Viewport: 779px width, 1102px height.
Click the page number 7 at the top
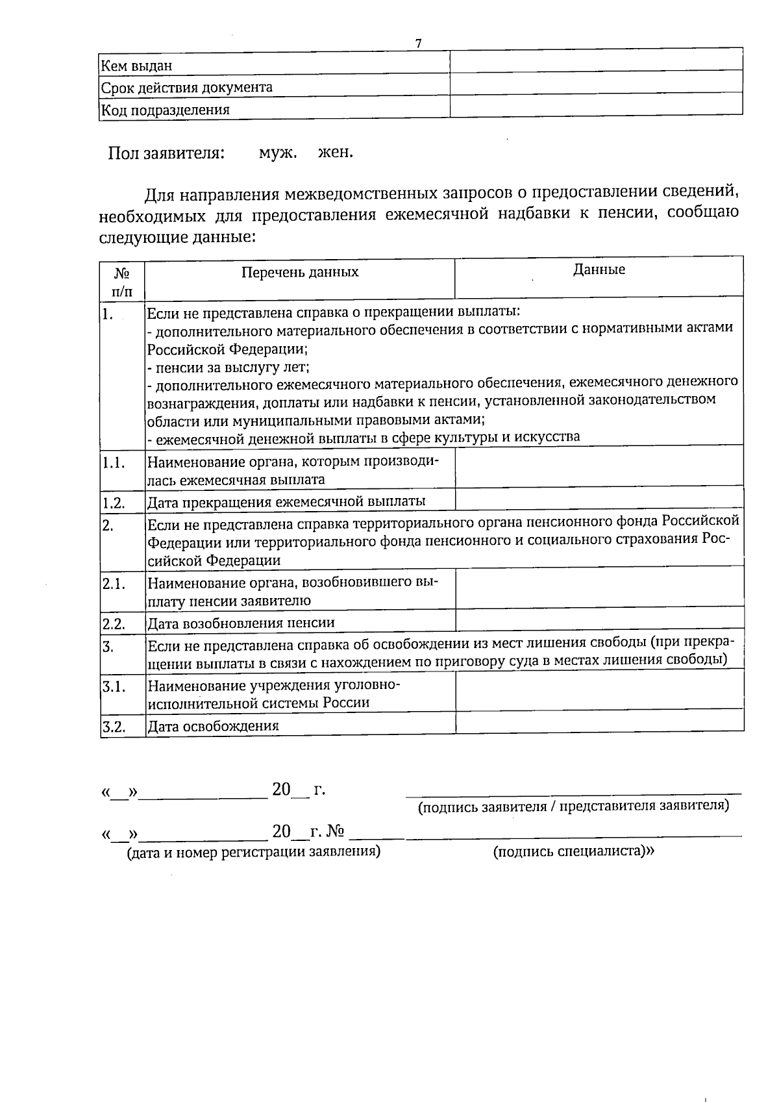pos(418,44)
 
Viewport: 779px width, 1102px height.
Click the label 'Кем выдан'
pos(136,65)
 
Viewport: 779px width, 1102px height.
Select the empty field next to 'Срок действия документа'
pos(596,82)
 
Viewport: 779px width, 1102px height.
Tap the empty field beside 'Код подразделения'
pos(596,105)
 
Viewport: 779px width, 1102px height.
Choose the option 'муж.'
pos(278,153)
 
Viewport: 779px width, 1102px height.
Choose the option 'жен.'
pos(336,153)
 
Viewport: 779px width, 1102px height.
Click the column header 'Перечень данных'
pos(300,272)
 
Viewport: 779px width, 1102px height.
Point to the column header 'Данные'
pos(599,269)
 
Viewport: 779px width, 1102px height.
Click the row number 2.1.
pos(114,584)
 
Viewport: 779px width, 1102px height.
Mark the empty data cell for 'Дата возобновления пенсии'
pos(599,620)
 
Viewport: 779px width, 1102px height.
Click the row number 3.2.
pos(114,726)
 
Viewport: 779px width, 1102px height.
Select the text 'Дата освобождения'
pos(213,726)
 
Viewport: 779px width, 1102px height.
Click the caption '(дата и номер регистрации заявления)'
pos(253,851)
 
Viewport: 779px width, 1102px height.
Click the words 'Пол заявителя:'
pos(167,154)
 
